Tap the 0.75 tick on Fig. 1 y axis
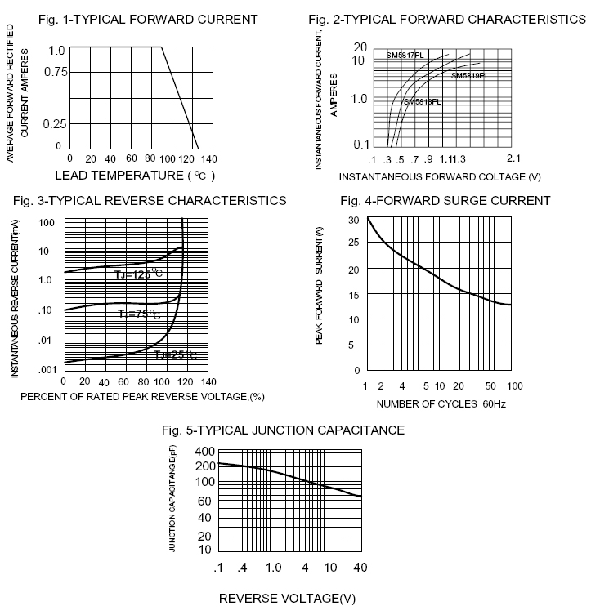pos(54,72)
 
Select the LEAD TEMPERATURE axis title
pos(135,175)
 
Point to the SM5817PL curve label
pos(405,55)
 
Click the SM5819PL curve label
pos(470,75)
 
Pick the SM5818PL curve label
pos(422,102)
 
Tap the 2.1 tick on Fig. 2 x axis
pos(514,158)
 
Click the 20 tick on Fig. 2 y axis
pos(360,47)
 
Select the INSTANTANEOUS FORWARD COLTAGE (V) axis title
pos(440,176)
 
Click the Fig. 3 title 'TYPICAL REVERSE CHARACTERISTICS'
pos(150,200)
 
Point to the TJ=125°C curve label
pos(139,274)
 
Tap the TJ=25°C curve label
pos(175,354)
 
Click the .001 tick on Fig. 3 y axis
pos(48,369)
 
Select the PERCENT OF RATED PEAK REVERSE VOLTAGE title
pos(143,396)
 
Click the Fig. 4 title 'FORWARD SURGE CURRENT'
pos(445,201)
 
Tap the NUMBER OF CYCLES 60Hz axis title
pos(441,403)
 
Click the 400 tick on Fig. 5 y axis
pos(204,452)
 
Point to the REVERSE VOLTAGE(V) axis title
pos(288,599)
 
